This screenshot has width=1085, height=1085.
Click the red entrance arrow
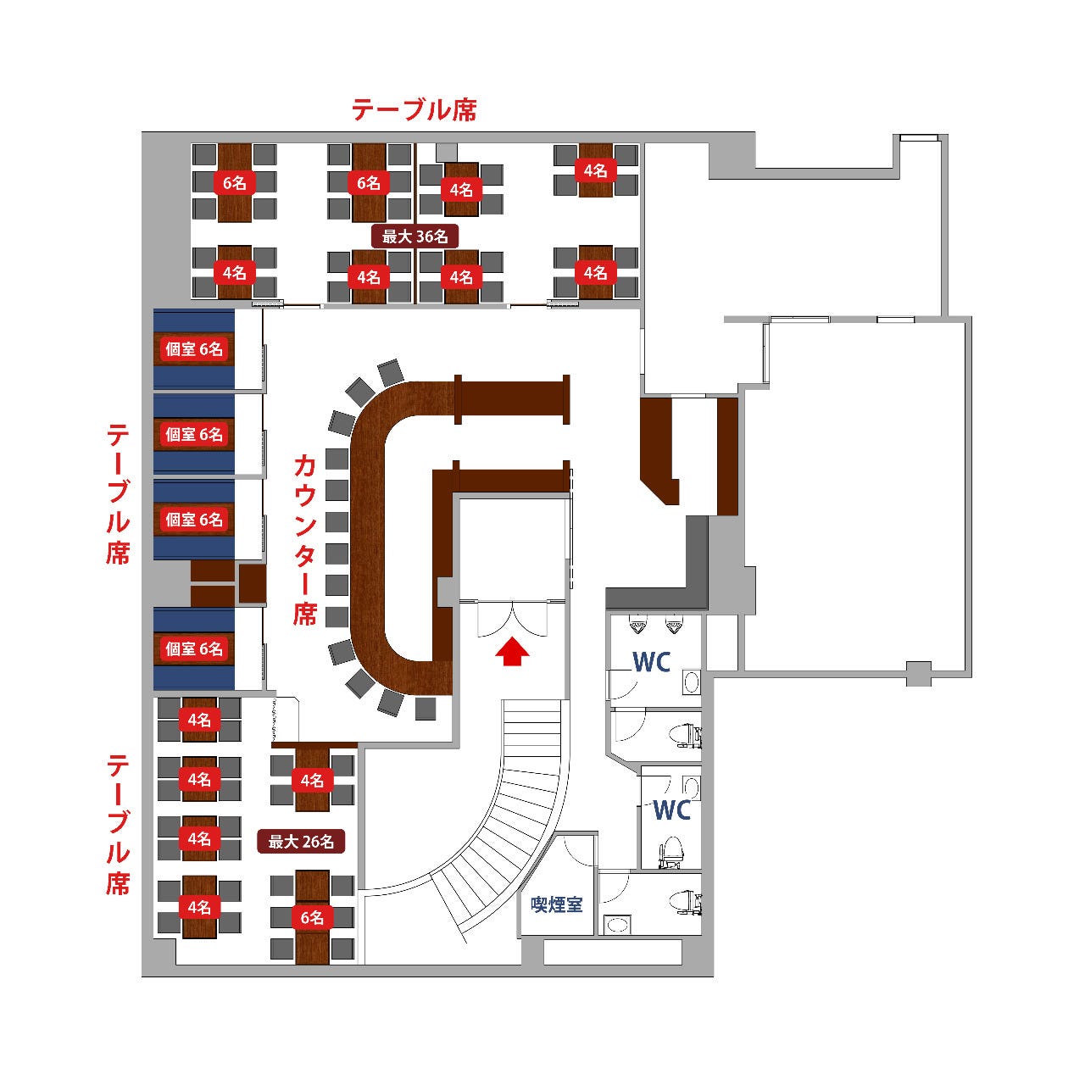coord(512,651)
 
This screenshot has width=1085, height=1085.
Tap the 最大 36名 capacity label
coord(415,236)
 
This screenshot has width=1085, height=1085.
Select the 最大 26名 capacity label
coord(301,842)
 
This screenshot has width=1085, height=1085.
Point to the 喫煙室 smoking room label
coord(556,904)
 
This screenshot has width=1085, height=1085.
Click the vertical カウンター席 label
coord(305,539)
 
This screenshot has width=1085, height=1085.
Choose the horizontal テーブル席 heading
coord(415,109)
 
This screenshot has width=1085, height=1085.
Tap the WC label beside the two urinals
coord(651,662)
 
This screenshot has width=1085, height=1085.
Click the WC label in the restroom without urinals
coord(672,810)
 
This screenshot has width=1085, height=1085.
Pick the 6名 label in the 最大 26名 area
coord(312,917)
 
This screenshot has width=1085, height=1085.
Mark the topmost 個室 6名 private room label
coord(194,348)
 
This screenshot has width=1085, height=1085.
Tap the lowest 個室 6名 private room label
coord(194,648)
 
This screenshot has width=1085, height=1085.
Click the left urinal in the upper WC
coord(637,626)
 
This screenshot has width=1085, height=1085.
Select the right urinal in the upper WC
coord(674,626)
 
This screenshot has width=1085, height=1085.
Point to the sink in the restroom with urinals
coord(692,682)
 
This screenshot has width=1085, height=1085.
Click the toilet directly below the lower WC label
coord(672,850)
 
